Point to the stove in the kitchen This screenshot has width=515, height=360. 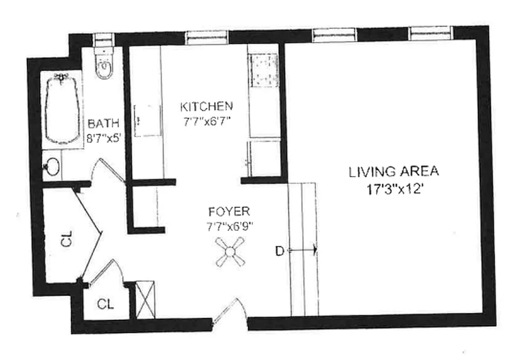click(x=264, y=70)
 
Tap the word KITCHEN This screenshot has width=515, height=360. click(x=206, y=107)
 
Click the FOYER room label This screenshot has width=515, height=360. click(x=229, y=211)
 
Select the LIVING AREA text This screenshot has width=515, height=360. click(x=394, y=171)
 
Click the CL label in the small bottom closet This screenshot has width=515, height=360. click(x=106, y=304)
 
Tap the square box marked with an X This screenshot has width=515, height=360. click(x=145, y=300)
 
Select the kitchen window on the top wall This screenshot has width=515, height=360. click(x=207, y=37)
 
